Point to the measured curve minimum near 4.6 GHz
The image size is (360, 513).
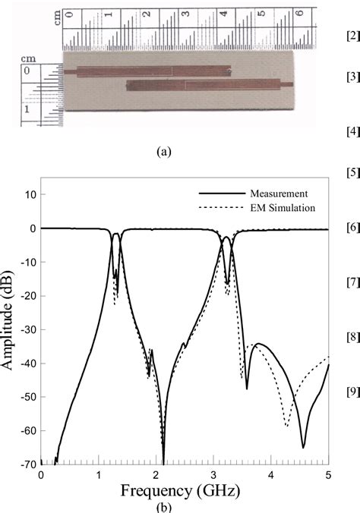point(303,447)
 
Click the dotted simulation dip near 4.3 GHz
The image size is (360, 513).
point(286,425)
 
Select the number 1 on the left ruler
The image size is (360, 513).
point(27,109)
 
